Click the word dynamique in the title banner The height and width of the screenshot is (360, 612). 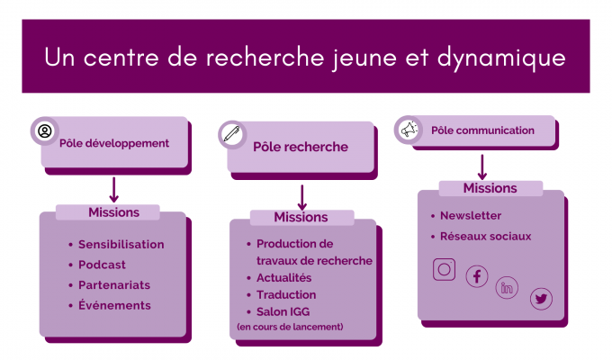click(501, 58)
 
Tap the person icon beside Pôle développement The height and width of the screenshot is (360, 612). click(45, 130)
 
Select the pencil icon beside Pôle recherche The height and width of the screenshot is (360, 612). click(232, 134)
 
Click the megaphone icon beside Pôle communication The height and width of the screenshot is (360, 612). click(409, 130)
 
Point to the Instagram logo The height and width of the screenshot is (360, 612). click(445, 269)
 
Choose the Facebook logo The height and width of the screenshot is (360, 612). click(477, 276)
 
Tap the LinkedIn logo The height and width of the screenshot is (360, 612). click(507, 288)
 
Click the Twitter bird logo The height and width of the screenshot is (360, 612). click(541, 299)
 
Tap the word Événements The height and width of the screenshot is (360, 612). click(114, 305)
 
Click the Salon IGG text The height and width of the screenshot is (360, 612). click(283, 311)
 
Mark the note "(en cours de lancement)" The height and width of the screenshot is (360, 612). click(290, 327)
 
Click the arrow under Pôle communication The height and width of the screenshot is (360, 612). click(482, 167)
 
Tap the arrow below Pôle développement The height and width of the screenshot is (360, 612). click(113, 190)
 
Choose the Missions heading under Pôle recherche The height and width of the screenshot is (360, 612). click(301, 217)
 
